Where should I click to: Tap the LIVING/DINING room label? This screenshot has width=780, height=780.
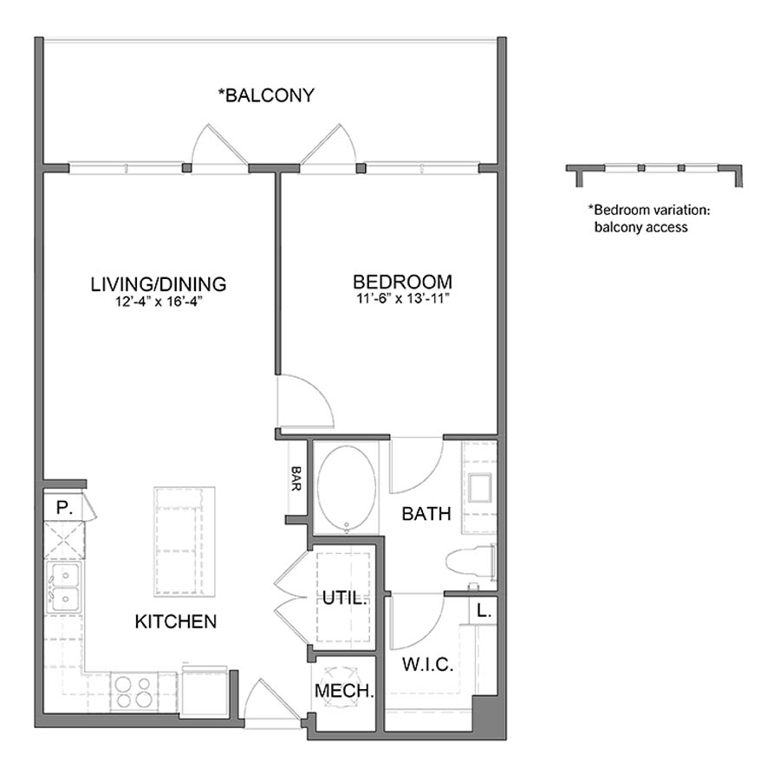(x=159, y=283)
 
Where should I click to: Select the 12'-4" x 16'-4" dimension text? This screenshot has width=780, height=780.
(x=159, y=302)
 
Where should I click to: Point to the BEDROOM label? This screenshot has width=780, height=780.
(x=402, y=282)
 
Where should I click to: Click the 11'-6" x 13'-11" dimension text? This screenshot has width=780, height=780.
(x=402, y=300)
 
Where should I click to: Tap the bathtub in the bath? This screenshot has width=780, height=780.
(x=346, y=487)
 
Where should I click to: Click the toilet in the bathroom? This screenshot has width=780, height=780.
(x=470, y=561)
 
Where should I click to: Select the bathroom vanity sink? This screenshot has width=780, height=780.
(x=481, y=488)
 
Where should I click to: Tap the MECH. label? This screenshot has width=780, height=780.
(x=344, y=692)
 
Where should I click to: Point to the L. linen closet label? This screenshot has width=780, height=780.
(x=484, y=610)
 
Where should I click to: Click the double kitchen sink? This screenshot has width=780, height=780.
(x=63, y=587)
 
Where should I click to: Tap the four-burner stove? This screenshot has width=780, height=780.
(x=133, y=691)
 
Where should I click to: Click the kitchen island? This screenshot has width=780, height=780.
(x=185, y=541)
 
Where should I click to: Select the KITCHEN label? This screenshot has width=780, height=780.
(x=175, y=621)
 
